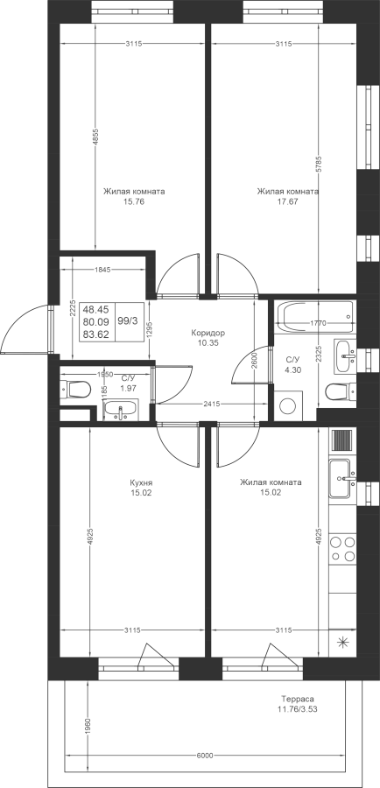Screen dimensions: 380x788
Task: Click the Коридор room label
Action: pos(208,333)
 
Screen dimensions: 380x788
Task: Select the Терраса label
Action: pos(298,699)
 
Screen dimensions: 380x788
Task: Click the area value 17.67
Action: pos(287,201)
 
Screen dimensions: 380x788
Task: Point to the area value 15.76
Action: pos(134,201)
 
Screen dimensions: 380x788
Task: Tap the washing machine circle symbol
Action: pos(287,406)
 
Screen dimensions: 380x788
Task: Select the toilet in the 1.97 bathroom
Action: pos(75,389)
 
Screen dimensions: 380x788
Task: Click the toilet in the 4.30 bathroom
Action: pos(341,391)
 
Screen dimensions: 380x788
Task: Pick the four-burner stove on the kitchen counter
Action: pos(342,548)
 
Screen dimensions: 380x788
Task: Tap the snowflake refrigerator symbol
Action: pos(342,641)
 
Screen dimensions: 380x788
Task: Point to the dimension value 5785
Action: pos(319,165)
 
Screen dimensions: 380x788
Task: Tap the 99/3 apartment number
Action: pos(127,320)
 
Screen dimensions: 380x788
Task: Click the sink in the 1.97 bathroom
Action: pos(120,410)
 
